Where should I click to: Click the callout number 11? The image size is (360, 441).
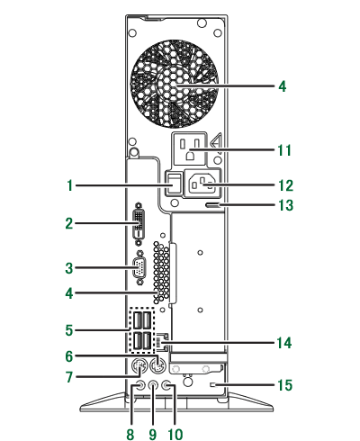tap(284, 150)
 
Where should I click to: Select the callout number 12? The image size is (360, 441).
tap(285, 185)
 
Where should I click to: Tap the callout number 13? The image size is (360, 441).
tap(285, 205)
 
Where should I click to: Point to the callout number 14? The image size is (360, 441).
tap(284, 343)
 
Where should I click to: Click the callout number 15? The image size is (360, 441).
tap(284, 385)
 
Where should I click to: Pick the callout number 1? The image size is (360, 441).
tap(70, 185)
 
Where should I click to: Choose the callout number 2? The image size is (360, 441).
tap(69, 223)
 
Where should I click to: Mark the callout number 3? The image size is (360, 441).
tap(69, 268)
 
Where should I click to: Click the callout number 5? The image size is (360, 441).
tap(69, 330)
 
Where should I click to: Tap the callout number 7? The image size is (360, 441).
tap(69, 377)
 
